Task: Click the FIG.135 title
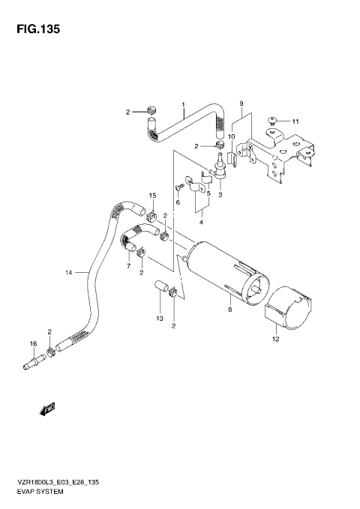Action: point(34,31)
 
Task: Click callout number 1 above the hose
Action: point(182,103)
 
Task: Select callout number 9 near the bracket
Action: point(241,103)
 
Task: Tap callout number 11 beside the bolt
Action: point(295,121)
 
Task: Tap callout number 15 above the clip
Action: point(151,196)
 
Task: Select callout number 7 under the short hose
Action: point(129,265)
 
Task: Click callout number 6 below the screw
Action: point(178,202)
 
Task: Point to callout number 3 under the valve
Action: point(220,195)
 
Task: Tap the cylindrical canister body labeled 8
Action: point(217,262)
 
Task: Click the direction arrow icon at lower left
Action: point(46,409)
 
